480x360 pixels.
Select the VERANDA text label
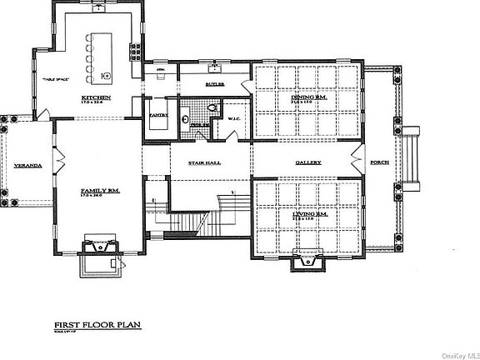(x=25, y=165)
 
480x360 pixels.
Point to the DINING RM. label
(x=307, y=98)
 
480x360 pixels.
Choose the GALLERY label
(x=307, y=162)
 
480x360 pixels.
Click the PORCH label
(x=380, y=162)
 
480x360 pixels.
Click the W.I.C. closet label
(x=234, y=119)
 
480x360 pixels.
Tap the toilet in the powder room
(x=211, y=107)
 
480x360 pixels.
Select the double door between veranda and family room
(x=57, y=157)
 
